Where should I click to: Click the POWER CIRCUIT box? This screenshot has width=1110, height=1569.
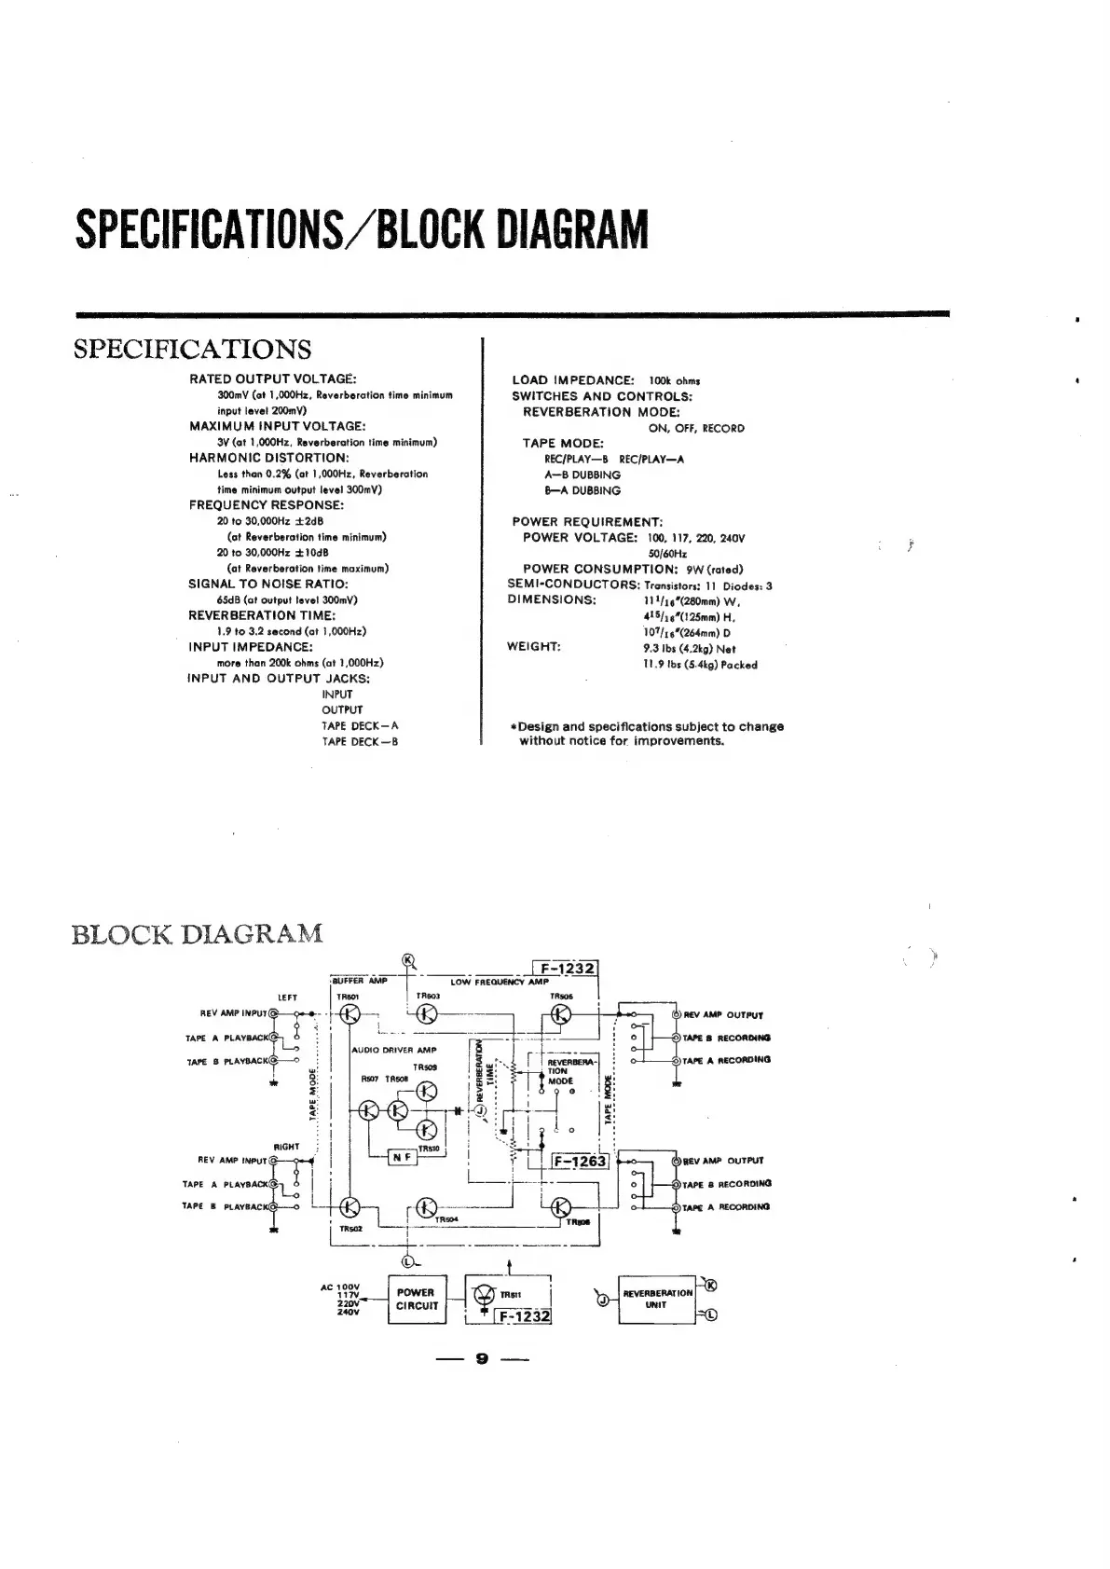click(x=416, y=1299)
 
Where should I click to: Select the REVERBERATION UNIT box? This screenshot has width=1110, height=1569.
click(x=657, y=1299)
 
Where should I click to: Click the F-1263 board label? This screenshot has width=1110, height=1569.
click(x=580, y=1161)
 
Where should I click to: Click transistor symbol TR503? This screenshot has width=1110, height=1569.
click(x=426, y=1015)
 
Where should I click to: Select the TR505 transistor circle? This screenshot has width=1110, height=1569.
click(x=562, y=1015)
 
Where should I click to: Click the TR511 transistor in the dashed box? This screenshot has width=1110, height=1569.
click(x=486, y=1295)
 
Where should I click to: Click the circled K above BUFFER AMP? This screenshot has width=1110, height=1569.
click(x=407, y=961)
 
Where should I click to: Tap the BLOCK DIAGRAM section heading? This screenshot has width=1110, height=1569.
click(x=198, y=933)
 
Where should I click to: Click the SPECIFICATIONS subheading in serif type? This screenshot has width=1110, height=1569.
click(x=192, y=350)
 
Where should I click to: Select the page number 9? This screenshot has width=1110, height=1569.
click(x=482, y=1358)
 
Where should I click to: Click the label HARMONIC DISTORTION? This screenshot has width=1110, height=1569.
click(x=268, y=458)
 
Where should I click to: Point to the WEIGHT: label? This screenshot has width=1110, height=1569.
click(x=533, y=647)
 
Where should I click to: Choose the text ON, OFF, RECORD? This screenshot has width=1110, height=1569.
click(x=696, y=428)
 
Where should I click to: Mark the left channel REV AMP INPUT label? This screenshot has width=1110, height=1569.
click(x=233, y=1013)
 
